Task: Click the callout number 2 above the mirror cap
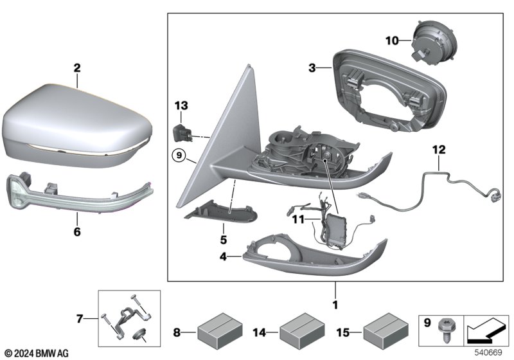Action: (76, 68)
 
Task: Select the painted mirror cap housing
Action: (78, 125)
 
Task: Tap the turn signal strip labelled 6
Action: (79, 194)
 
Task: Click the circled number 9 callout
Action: (179, 155)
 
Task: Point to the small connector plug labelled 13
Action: (181, 133)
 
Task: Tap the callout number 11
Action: (298, 219)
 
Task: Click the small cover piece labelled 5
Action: (222, 214)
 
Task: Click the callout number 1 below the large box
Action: (335, 305)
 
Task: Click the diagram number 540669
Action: (488, 352)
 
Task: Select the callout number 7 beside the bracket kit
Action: (80, 318)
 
